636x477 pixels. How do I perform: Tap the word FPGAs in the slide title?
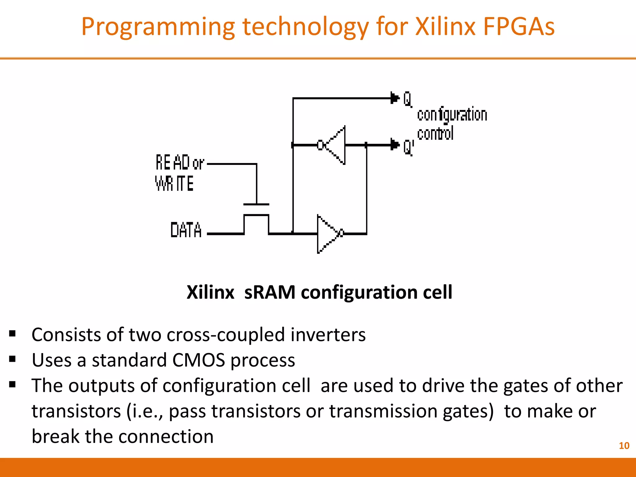(519, 27)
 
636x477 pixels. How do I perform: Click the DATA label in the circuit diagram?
(186, 230)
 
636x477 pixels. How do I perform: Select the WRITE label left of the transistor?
(174, 183)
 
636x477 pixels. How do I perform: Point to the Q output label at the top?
(407, 99)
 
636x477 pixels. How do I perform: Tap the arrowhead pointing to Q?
(395, 98)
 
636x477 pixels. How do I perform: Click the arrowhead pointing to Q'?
(395, 144)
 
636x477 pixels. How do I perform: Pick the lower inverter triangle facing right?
(327, 234)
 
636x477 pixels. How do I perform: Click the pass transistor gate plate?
(256, 204)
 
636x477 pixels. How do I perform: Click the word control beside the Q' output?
(435, 134)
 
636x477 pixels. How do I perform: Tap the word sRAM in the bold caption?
(270, 292)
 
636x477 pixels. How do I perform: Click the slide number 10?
(624, 446)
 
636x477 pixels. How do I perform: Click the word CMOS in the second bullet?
(198, 360)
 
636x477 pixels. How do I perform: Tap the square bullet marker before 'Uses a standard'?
(12, 359)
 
